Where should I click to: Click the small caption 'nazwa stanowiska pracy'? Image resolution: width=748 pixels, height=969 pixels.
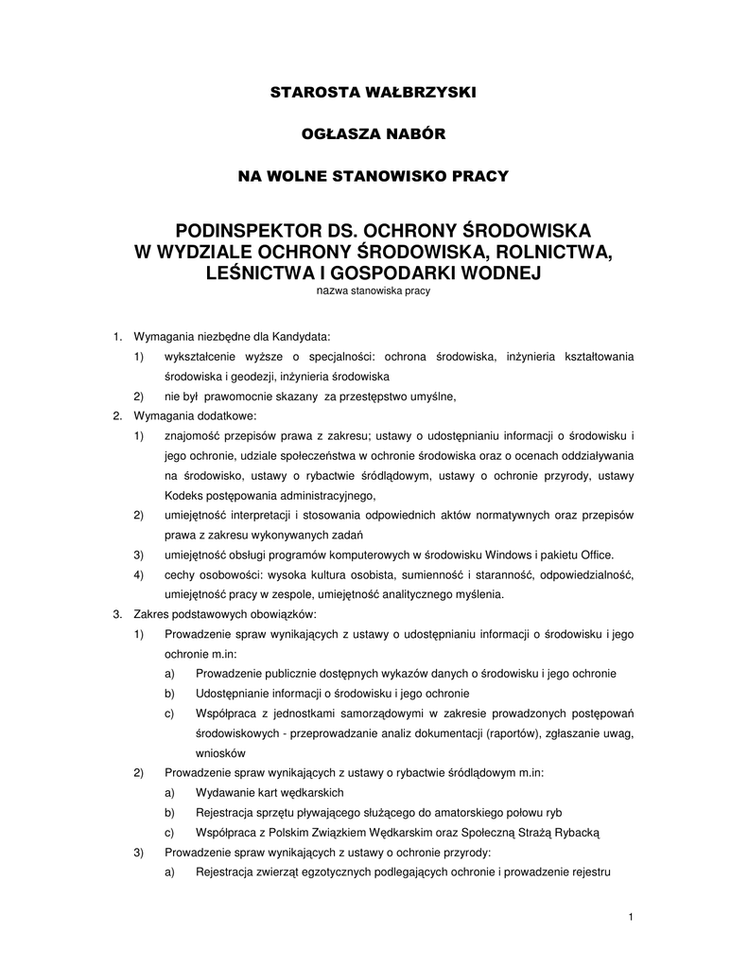click(x=373, y=291)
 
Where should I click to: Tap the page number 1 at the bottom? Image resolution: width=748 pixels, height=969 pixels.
click(x=631, y=917)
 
